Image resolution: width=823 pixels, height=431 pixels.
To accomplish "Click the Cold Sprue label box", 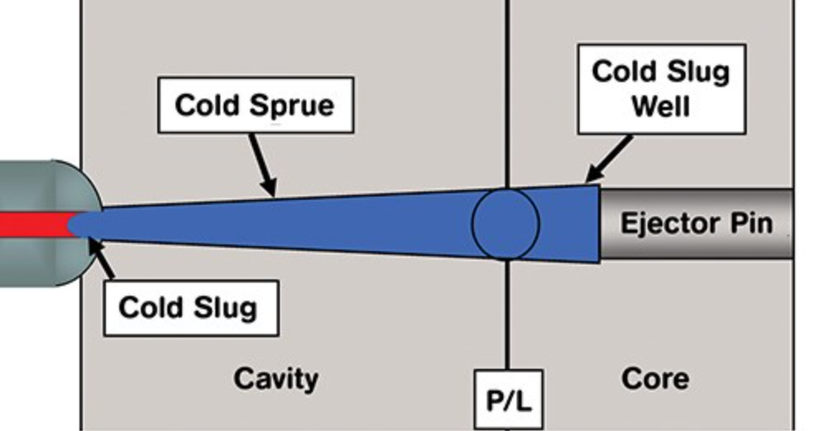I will (255, 105).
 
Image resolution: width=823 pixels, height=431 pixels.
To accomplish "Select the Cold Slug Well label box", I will (661, 89).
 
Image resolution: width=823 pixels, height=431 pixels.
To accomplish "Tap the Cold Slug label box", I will (190, 308).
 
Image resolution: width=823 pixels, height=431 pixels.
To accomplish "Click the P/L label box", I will (508, 400).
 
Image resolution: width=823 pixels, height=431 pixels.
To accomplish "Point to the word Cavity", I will (276, 379).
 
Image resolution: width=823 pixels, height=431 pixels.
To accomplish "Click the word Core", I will (655, 379).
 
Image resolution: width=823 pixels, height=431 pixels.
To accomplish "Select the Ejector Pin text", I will (696, 223).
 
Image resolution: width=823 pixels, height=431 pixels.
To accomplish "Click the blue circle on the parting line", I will (506, 223).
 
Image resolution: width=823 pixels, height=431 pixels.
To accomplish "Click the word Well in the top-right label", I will (661, 106).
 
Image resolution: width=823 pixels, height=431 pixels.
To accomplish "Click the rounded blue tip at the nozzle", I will (79, 224).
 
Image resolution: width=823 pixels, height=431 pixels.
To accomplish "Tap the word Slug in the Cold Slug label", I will (224, 308).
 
